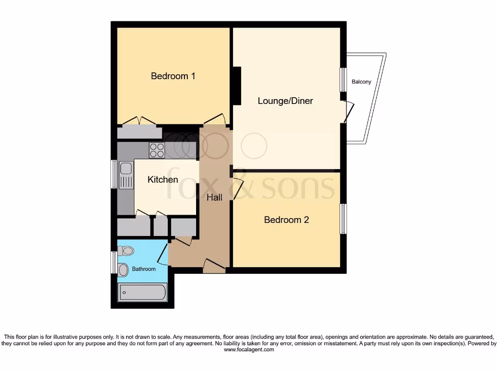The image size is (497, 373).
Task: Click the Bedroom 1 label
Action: pos(173,76)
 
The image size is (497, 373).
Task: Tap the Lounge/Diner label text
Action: pos(285,101)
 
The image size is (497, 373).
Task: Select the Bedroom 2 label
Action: pos(286,220)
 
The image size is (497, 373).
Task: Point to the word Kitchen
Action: pos(163,180)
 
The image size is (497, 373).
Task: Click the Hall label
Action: pos(215,198)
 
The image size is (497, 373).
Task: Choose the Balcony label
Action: pos(362,82)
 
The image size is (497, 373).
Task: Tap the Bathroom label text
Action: pos(144,269)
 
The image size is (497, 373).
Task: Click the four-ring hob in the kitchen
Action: pos(156,151)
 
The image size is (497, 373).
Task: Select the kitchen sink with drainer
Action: pos(126,175)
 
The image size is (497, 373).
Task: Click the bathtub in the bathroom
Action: pos(142,292)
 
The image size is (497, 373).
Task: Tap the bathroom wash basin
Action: pos(123,269)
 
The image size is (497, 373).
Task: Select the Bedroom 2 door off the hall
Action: pos(237,189)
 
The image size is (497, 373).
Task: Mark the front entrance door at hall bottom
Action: pos(214,265)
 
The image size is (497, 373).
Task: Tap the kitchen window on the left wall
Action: pos(114,174)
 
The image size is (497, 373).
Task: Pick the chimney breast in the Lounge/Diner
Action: pos(237,85)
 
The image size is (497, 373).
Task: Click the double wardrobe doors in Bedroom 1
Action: pos(139,121)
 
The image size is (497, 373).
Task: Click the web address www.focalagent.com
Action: pos(248,349)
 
